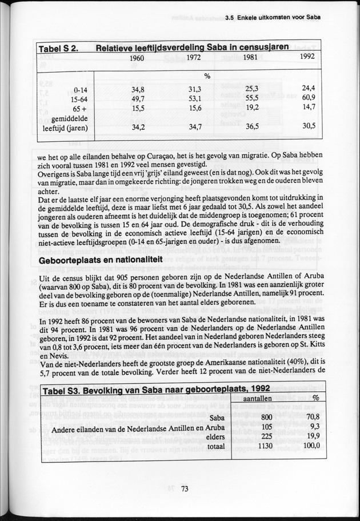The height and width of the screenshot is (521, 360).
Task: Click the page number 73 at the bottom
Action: pyautogui.click(x=184, y=488)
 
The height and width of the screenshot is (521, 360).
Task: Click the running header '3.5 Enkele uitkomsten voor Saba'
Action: pyautogui.click(x=273, y=17)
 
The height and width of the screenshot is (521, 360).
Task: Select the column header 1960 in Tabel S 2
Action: pyautogui.click(x=137, y=58)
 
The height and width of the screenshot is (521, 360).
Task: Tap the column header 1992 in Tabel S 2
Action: pyautogui.click(x=307, y=57)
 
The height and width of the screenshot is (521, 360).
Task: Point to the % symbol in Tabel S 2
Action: pyautogui.click(x=208, y=75)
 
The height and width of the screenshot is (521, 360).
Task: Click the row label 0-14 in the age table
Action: pyautogui.click(x=80, y=90)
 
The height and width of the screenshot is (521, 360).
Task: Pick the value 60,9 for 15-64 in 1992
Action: pyautogui.click(x=308, y=98)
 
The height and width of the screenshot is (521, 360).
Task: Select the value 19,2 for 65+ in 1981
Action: pyautogui.click(x=252, y=107)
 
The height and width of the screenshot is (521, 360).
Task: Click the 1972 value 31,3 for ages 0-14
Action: pyautogui.click(x=195, y=89)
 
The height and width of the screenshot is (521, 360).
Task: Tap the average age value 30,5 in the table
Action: pyautogui.click(x=308, y=126)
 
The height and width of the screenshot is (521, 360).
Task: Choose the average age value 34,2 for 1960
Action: pyautogui.click(x=138, y=127)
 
